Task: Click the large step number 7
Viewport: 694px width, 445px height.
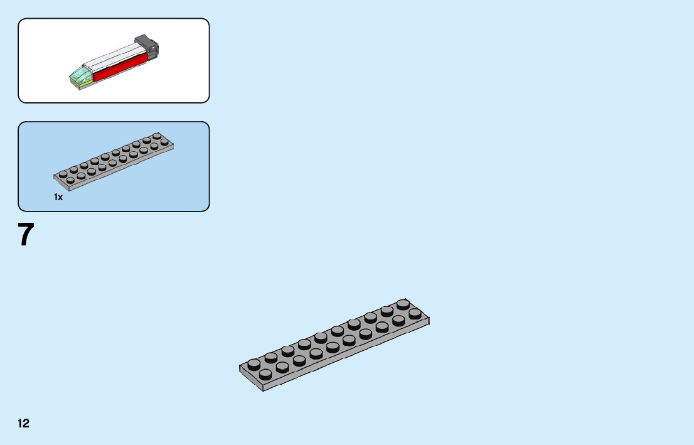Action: click(x=26, y=235)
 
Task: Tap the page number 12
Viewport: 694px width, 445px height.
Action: click(x=23, y=424)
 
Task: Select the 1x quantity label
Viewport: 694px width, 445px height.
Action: click(x=58, y=197)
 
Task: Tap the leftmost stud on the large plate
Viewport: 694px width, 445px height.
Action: click(x=254, y=363)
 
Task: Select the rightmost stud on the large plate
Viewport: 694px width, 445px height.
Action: click(x=415, y=313)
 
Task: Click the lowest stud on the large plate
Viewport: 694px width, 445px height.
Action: click(x=265, y=374)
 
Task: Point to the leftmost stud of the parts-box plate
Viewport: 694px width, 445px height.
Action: click(x=63, y=174)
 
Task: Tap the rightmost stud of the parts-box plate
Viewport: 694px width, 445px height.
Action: click(x=164, y=142)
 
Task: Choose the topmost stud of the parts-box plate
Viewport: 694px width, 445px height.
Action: click(x=156, y=137)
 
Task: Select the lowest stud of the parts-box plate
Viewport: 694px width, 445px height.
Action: click(x=70, y=180)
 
